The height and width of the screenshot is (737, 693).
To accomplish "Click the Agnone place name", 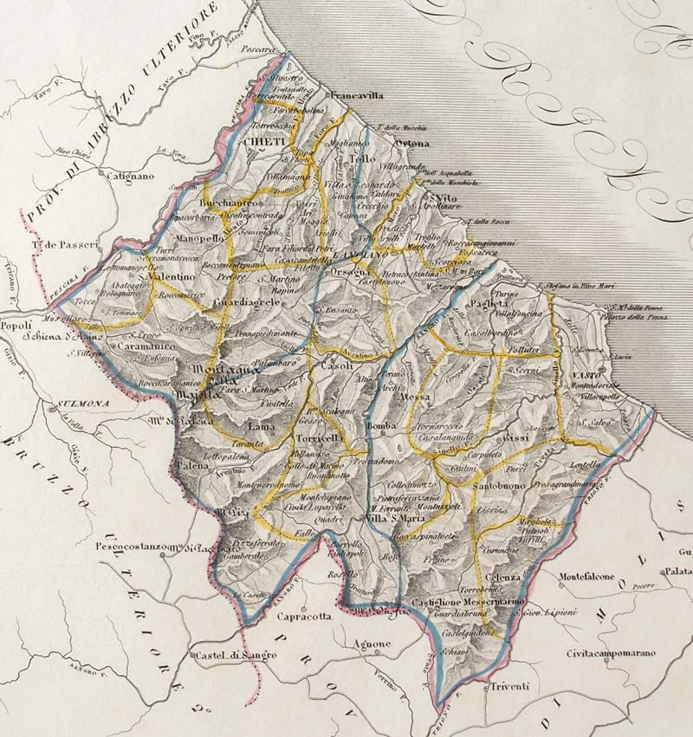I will click(373, 644).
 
